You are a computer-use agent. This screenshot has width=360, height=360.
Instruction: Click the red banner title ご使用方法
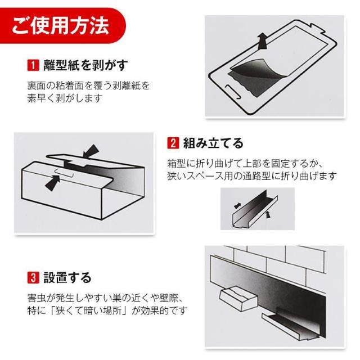60,25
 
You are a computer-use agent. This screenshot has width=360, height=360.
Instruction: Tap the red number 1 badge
33,65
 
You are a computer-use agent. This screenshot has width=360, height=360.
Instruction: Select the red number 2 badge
173,143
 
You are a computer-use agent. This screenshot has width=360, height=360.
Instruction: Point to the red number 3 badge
33,277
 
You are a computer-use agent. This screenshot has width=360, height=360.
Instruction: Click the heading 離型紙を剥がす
85,65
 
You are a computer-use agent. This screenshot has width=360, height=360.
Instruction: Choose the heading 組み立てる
213,143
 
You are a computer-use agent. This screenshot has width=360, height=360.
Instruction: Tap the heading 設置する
67,277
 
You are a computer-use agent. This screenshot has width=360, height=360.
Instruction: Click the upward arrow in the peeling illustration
262,41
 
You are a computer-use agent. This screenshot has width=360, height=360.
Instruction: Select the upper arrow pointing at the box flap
91,151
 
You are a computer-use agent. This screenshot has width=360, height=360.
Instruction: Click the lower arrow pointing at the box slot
52,182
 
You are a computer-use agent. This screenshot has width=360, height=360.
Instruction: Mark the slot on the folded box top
64,174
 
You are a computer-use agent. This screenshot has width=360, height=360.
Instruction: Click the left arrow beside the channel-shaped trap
237,205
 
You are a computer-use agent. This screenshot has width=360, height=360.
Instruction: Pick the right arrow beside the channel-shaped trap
268,215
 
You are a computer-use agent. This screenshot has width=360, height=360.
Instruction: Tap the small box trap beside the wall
238,298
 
